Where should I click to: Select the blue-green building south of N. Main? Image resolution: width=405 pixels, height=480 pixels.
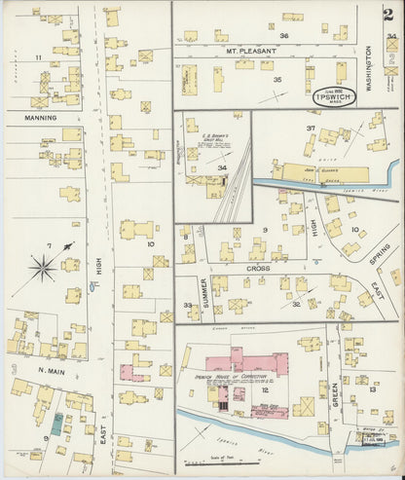pyautogui.click(x=57, y=425)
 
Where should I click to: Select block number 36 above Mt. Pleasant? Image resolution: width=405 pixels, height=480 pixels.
pyautogui.click(x=284, y=35)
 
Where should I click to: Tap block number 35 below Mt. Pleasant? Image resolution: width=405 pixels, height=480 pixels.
pyautogui.click(x=277, y=79)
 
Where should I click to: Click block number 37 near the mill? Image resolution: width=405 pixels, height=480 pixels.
pyautogui.click(x=312, y=129)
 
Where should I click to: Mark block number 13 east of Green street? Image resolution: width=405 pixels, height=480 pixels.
pyautogui.click(x=373, y=389)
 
